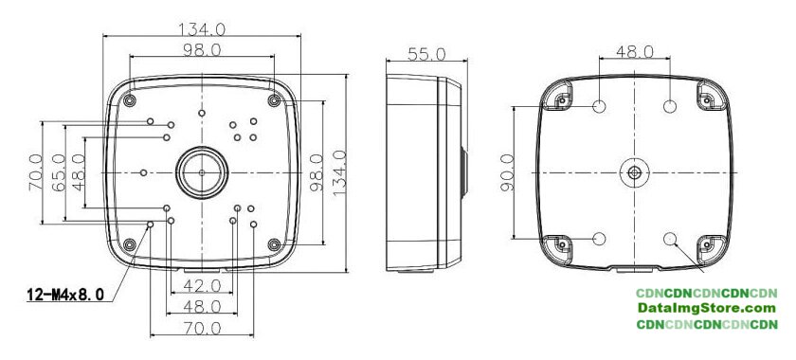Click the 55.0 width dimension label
(x=426, y=54)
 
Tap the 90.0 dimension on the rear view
(x=508, y=173)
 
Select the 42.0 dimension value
(x=202, y=286)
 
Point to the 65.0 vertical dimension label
(x=59, y=173)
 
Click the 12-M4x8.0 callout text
(x=65, y=294)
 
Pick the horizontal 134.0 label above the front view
(x=202, y=29)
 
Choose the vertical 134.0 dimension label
(x=339, y=173)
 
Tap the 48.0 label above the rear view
(x=635, y=51)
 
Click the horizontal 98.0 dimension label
(x=202, y=49)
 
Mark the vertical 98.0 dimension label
(x=317, y=173)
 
